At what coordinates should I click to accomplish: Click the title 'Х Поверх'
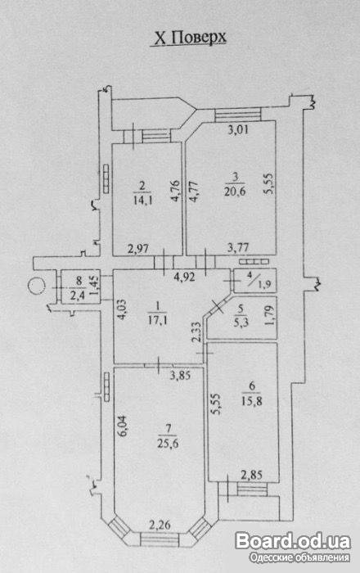(x=190, y=38)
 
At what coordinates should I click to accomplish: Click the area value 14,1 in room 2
(x=142, y=199)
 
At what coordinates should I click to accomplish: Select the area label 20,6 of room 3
(x=235, y=191)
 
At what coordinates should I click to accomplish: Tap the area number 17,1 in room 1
(x=157, y=321)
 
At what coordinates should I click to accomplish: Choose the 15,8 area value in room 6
(x=251, y=401)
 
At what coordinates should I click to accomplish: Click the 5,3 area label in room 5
(x=240, y=323)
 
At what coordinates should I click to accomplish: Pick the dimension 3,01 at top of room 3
(x=238, y=129)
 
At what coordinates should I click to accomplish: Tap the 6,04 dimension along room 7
(x=123, y=425)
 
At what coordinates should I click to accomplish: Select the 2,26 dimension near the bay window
(x=160, y=526)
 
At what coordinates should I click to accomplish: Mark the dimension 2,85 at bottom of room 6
(x=251, y=475)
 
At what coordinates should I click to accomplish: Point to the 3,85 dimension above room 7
(x=180, y=375)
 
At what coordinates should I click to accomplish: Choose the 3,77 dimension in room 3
(x=238, y=248)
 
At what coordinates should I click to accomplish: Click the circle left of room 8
(x=36, y=286)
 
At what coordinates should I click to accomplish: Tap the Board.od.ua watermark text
(x=293, y=541)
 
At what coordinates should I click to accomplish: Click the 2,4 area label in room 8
(x=77, y=295)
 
